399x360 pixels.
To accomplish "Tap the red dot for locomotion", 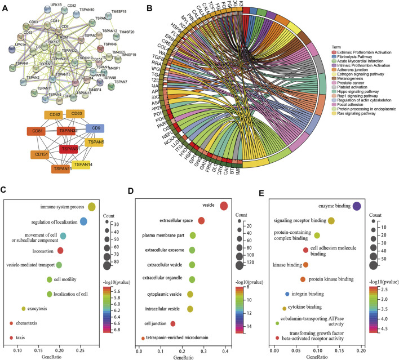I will coord(61,250).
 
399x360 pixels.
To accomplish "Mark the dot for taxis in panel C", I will coord(11,338).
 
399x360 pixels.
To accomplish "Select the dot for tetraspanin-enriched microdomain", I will coord(142,337).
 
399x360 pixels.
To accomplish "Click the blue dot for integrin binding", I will coord(287,294).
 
